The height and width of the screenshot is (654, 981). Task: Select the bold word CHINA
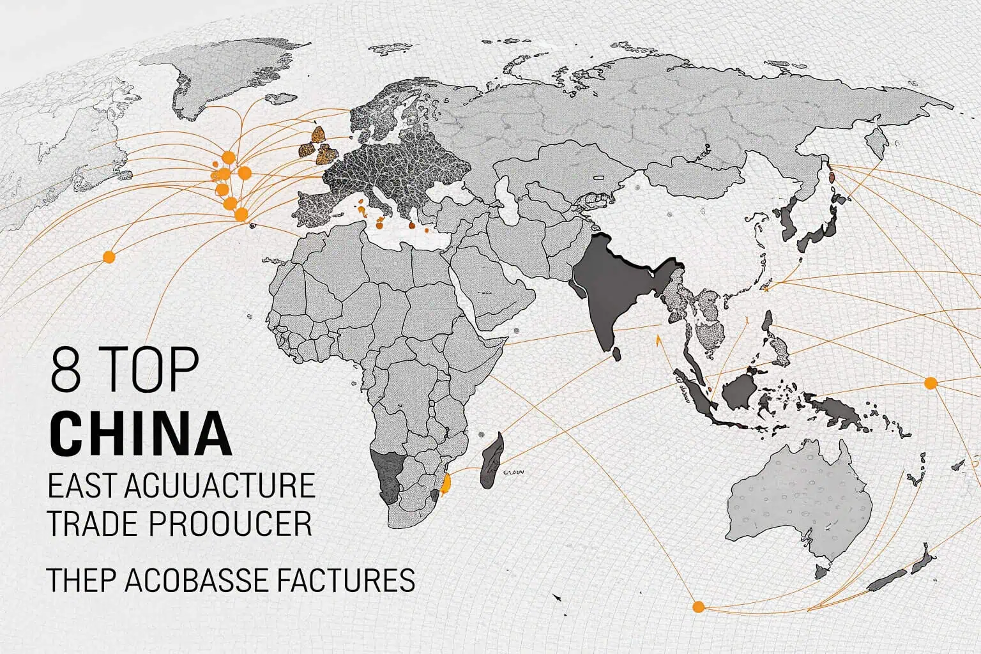click(x=141, y=434)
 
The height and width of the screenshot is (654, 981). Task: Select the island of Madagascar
click(x=492, y=460)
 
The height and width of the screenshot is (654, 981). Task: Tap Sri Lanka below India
click(x=617, y=353)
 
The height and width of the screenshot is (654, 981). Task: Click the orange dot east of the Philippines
click(x=931, y=383)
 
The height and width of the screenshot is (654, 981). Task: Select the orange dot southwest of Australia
click(x=698, y=606)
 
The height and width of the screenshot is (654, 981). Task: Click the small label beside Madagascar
click(x=514, y=473)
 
